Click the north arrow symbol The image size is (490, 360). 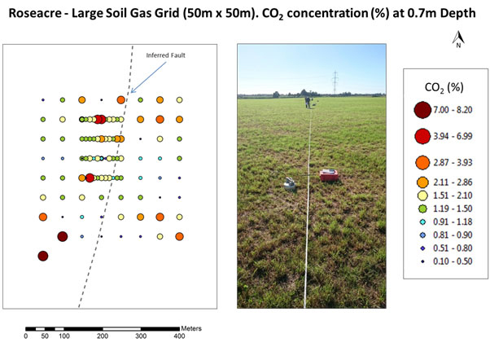coord(460,38)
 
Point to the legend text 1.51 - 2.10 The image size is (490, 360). coord(461,195)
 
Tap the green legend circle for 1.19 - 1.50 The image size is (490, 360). coord(422,209)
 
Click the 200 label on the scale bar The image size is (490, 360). coord(103,336)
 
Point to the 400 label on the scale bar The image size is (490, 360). coord(180,336)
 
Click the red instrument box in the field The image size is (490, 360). coord(330,175)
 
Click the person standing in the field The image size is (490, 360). coord(307,102)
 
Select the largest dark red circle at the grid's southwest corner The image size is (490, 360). coord(43,256)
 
